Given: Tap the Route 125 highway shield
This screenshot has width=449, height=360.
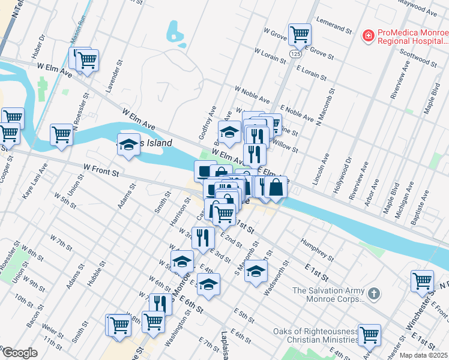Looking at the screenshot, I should coord(295,54).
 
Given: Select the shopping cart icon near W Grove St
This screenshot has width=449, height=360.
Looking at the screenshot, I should coord(299,34).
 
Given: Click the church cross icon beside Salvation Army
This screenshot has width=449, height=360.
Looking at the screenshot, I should coord(373,294).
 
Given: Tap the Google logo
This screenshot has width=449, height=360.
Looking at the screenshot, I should coord(20,353).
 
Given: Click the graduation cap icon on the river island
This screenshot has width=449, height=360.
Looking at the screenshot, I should coord(128,145).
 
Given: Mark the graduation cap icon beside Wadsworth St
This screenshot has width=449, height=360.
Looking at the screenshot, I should coord(256,271).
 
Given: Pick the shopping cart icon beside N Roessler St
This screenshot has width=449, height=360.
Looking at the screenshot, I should coord(61,135).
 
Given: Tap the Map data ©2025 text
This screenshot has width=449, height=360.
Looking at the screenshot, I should coord(423,355).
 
